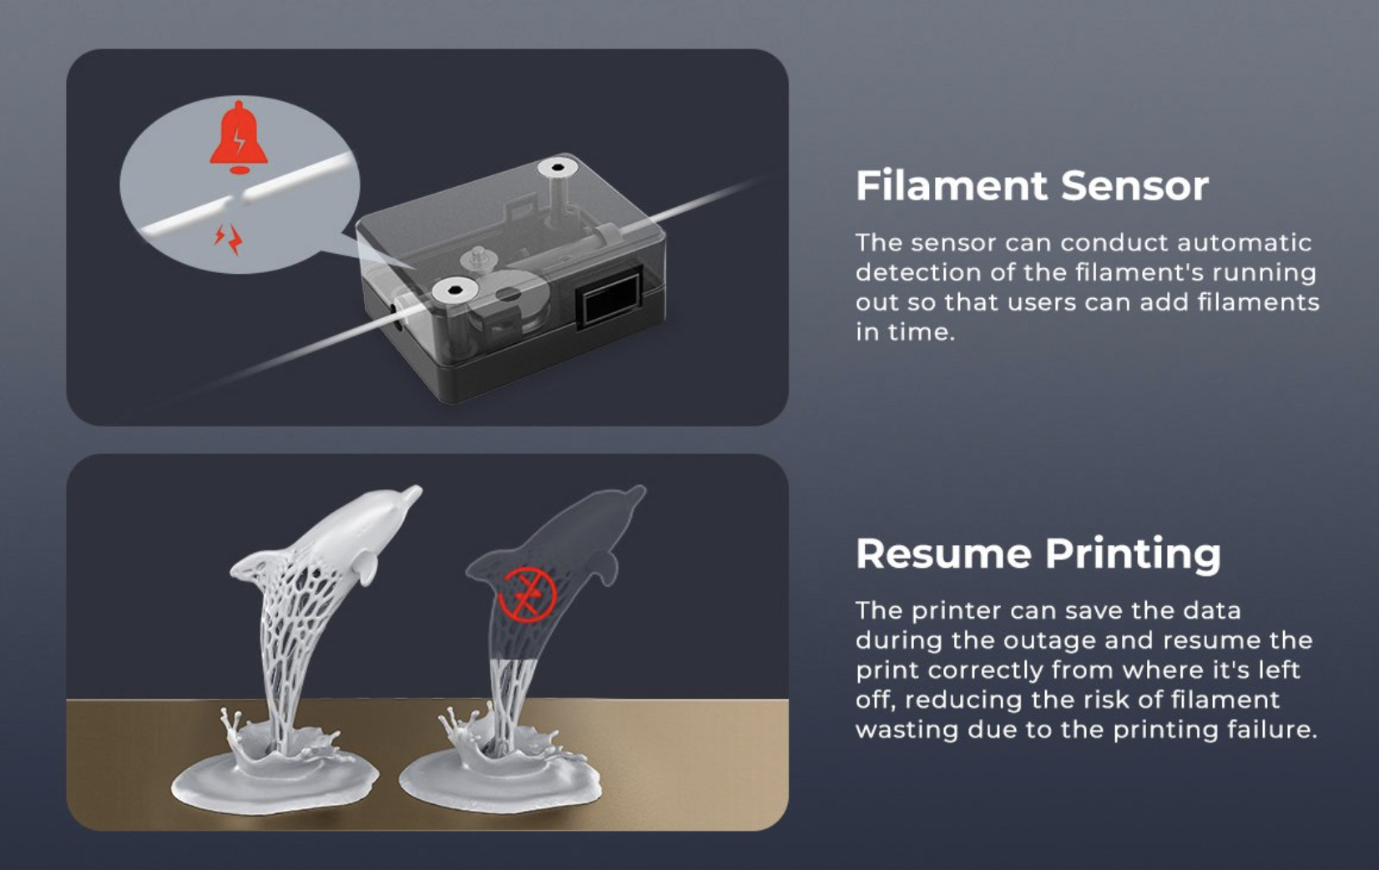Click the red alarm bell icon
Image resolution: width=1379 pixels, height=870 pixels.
pyautogui.click(x=239, y=138)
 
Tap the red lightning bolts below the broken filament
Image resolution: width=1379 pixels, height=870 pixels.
pyautogui.click(x=229, y=239)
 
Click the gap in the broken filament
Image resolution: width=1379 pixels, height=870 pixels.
pyautogui.click(x=238, y=199)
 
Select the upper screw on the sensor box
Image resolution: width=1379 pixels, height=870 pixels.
pyautogui.click(x=558, y=168)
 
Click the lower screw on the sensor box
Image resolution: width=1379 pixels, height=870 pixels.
pyautogui.click(x=455, y=290)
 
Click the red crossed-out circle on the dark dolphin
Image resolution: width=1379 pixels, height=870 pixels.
pyautogui.click(x=528, y=594)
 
